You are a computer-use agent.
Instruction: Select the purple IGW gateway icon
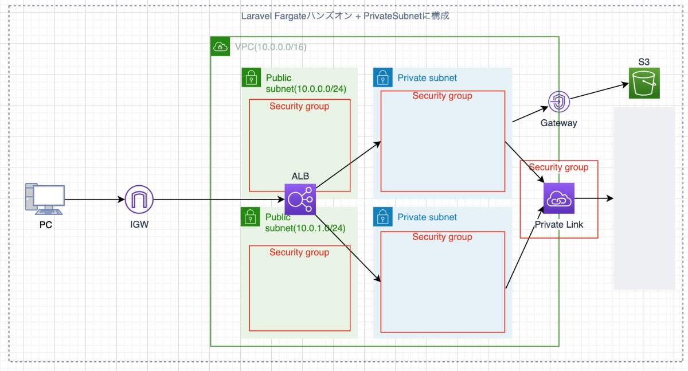pyautogui.click(x=139, y=200)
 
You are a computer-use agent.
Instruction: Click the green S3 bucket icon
pyautogui.click(x=644, y=83)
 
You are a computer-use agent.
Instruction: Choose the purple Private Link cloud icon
pyautogui.click(x=558, y=198)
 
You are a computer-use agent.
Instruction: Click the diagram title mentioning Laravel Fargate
pyautogui.click(x=346, y=16)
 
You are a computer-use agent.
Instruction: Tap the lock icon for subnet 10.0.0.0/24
pyautogui.click(x=251, y=77)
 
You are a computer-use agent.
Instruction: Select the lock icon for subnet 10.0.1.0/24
pyautogui.click(x=250, y=217)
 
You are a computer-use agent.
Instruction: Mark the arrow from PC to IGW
pyautogui.click(x=95, y=200)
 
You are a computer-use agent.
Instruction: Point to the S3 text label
pyautogui.click(x=644, y=61)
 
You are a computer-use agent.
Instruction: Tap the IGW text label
pyautogui.click(x=139, y=225)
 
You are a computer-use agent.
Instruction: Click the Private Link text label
pyautogui.click(x=558, y=225)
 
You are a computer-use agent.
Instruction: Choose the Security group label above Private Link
pyautogui.click(x=558, y=167)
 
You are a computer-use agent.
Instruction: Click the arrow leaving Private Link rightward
pyautogui.click(x=593, y=198)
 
